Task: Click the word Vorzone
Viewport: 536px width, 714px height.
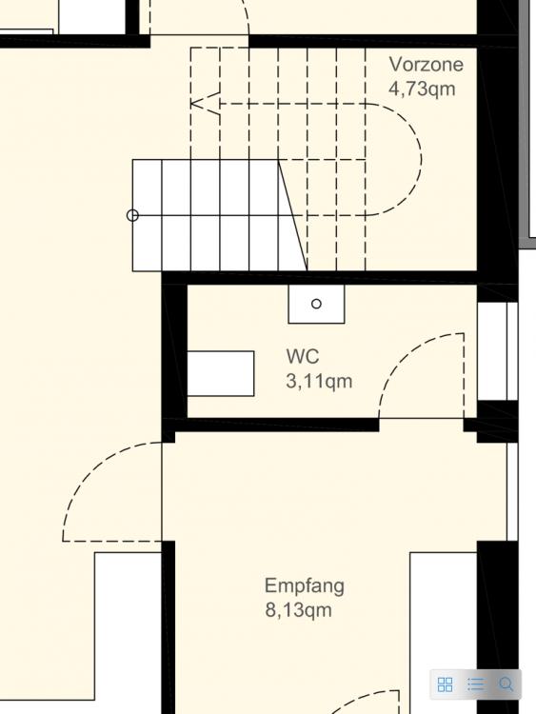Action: click(x=426, y=64)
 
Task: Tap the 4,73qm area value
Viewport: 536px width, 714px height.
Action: click(x=422, y=89)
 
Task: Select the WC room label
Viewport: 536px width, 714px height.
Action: click(x=303, y=356)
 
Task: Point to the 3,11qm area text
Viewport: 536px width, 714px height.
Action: click(x=319, y=381)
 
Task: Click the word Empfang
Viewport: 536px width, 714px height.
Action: click(x=305, y=586)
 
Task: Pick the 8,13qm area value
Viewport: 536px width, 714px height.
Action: click(x=298, y=609)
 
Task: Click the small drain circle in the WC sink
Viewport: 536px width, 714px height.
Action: click(x=316, y=304)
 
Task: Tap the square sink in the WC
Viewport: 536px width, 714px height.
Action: click(x=316, y=304)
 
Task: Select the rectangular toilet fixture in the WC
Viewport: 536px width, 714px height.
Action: click(x=221, y=373)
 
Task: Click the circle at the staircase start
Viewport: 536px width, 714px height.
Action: click(x=132, y=215)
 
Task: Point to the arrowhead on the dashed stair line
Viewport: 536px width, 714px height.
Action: click(x=204, y=104)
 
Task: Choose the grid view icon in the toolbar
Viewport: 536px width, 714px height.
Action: click(x=445, y=684)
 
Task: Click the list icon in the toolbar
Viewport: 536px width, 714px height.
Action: click(x=476, y=684)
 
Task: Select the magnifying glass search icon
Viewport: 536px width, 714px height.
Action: click(x=506, y=684)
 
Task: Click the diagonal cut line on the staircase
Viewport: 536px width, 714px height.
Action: click(x=293, y=215)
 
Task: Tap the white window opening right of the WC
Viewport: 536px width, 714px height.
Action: click(x=497, y=351)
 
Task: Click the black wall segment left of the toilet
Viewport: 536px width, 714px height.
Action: click(x=175, y=350)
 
